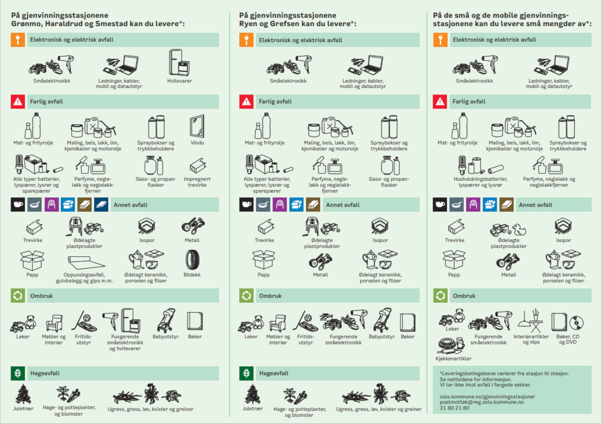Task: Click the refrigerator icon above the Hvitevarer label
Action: click(x=179, y=62)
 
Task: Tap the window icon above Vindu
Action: click(x=197, y=126)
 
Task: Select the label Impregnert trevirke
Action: click(x=197, y=181)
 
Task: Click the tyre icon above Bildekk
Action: click(x=192, y=260)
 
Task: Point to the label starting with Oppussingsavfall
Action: click(x=84, y=278)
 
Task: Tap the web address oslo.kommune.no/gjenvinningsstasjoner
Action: click(x=488, y=396)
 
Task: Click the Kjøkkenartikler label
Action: click(x=454, y=359)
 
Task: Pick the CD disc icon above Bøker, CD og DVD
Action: click(x=576, y=323)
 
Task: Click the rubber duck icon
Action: click(x=519, y=230)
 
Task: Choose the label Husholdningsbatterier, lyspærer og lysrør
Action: click(x=480, y=181)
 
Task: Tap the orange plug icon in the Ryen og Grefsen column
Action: click(x=246, y=40)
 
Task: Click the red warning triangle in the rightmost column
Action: click(x=440, y=101)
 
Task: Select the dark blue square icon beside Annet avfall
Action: click(x=101, y=205)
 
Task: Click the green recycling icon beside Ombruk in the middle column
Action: click(x=246, y=296)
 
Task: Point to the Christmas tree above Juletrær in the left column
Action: click(x=23, y=394)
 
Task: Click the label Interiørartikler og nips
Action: click(x=531, y=339)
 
